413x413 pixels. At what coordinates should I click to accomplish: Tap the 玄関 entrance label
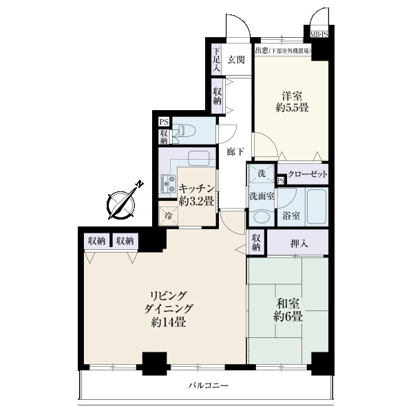236,60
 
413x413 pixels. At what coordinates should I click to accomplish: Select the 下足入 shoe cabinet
217,59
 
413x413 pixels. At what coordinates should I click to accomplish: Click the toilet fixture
184,130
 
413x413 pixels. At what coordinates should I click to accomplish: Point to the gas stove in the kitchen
167,183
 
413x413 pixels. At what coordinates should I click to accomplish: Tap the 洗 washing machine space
261,173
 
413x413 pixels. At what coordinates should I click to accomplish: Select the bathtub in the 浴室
317,206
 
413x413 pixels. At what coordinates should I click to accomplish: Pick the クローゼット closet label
308,174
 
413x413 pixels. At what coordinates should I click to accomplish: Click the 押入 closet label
299,244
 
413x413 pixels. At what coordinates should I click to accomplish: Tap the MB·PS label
319,34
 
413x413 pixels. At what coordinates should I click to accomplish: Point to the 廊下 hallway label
235,152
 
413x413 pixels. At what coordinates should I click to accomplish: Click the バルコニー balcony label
208,385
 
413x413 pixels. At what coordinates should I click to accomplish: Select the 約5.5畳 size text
292,107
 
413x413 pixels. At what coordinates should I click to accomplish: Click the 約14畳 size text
169,322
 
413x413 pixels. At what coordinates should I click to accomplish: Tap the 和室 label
288,304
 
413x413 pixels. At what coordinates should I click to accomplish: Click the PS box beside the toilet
164,122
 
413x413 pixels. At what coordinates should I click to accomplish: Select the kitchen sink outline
199,158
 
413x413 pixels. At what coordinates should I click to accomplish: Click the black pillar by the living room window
155,363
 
